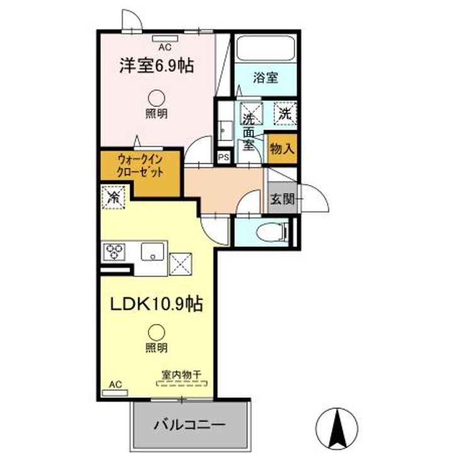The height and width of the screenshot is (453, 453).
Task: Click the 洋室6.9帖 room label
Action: [156, 66]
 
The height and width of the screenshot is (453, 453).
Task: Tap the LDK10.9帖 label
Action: [156, 304]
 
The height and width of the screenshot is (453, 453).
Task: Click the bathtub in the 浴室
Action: [266, 48]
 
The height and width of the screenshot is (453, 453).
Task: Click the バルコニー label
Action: [189, 425]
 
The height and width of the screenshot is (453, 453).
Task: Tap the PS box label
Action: [224, 157]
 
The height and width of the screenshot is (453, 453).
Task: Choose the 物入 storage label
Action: [282, 149]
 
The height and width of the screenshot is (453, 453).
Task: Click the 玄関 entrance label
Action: [282, 199]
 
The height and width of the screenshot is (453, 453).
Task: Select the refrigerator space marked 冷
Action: [113, 198]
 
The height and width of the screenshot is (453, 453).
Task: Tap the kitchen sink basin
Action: [152, 251]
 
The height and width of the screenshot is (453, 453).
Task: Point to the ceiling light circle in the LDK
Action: [156, 333]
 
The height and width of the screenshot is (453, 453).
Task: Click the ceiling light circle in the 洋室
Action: [156, 98]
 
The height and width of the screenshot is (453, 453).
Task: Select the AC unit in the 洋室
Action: [165, 39]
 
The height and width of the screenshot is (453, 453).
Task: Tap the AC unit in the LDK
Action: [115, 393]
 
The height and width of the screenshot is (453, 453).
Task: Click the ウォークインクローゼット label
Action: [140, 166]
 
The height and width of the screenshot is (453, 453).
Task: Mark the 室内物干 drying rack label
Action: [181, 375]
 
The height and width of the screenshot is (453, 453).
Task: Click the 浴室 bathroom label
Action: [266, 78]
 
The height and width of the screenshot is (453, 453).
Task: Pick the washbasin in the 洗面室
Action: [225, 131]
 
